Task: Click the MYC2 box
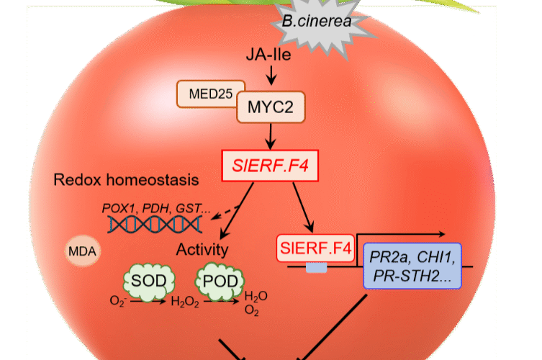[271, 108]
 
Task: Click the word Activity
[202, 250]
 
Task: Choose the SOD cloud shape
[146, 280]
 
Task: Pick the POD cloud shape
[220, 280]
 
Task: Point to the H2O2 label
[183, 302]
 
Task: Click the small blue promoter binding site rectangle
[316, 268]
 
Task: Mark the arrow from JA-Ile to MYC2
[271, 73]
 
